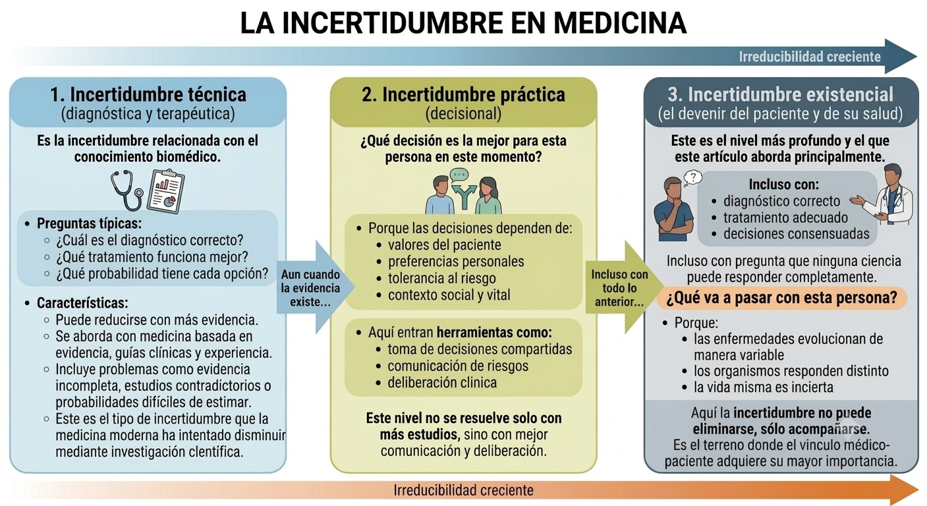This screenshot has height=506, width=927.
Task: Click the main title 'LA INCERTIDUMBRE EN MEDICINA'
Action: click(463, 23)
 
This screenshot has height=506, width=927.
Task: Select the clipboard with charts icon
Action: click(166, 191)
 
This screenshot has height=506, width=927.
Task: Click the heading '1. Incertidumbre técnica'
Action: click(148, 94)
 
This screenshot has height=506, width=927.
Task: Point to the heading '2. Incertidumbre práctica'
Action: click(463, 94)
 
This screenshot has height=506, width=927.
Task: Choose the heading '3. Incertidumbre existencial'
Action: click(781, 94)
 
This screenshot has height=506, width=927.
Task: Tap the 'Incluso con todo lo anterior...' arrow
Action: click(624, 287)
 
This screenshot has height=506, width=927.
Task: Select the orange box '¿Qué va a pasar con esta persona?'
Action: click(782, 298)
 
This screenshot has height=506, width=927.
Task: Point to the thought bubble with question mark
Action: click(692, 178)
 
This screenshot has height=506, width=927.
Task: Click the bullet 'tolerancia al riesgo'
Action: click(441, 279)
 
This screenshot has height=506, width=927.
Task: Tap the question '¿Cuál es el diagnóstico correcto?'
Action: click(150, 240)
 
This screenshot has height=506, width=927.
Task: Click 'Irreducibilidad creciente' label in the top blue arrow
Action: click(810, 57)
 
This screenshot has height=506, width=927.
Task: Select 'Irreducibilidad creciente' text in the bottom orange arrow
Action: click(464, 490)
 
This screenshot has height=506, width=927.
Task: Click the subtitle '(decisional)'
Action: click(463, 114)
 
